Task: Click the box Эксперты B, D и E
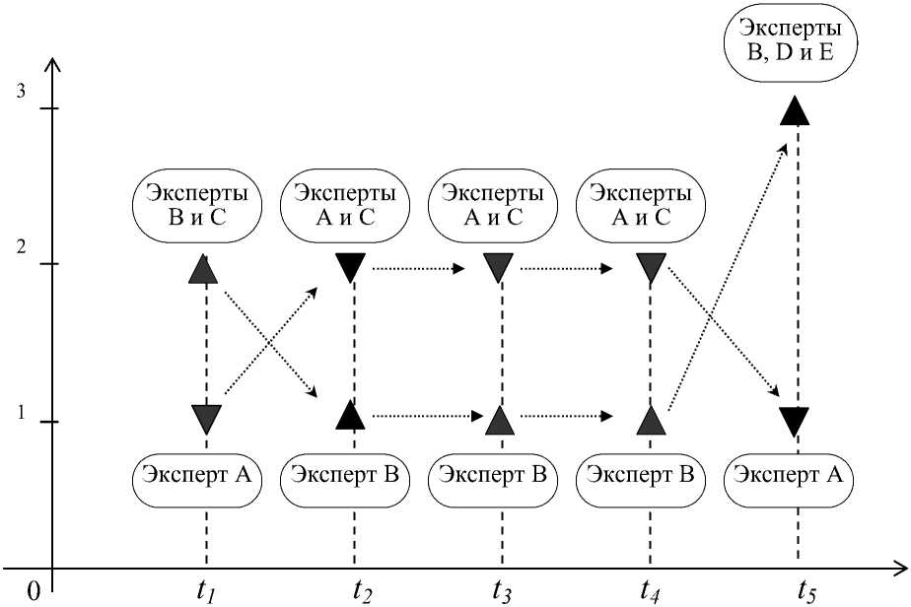click(789, 45)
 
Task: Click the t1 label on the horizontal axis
click(206, 590)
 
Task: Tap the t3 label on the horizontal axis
click(502, 590)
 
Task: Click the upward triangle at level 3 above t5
click(797, 108)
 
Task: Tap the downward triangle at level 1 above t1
click(206, 419)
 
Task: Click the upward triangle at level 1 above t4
click(650, 420)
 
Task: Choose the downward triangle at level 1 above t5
click(797, 421)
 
